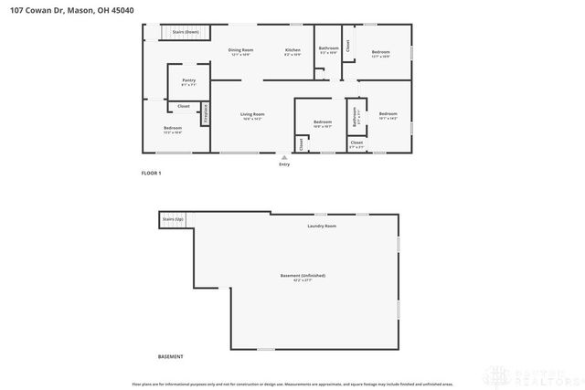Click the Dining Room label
click(x=241, y=49)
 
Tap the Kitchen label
click(x=292, y=49)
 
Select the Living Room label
click(x=252, y=114)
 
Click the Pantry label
click(x=188, y=80)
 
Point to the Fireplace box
click(x=206, y=113)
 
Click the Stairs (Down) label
click(x=186, y=32)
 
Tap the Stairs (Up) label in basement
click(x=173, y=219)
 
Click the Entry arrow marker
click(x=284, y=157)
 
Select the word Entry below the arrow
click(x=284, y=164)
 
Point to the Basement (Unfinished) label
click(x=303, y=275)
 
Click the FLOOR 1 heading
click(x=151, y=173)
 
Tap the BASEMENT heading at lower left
click(x=171, y=356)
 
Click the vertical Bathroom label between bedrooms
click(x=355, y=118)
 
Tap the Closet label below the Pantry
click(x=184, y=106)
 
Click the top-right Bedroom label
click(x=381, y=51)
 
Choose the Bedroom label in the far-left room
click(x=173, y=128)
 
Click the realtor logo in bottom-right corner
click(x=543, y=374)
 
